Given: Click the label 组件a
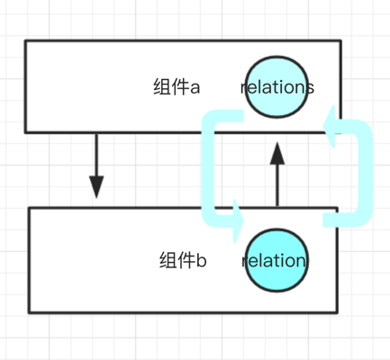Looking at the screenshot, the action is pos(177,87).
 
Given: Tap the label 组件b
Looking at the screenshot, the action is pos(183,260).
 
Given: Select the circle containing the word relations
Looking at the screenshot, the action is pos(277,87).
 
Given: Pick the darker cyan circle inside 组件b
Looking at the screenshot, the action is pos(277,260).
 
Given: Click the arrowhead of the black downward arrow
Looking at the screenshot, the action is pos(96,186).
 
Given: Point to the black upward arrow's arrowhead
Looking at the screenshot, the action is pos(277,153).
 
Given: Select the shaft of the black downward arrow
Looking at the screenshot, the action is pos(96,155).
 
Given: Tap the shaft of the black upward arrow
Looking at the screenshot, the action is pos(277,185).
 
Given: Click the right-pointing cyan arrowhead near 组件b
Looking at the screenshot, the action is pos(239,220).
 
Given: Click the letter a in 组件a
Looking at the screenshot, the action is pos(195,87).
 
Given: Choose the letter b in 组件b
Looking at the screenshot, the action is pos(202,260).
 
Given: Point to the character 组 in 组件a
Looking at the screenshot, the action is pos(162,87).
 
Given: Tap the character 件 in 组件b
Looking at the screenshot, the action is pos(186,260).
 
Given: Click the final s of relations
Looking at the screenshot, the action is pos(310,88).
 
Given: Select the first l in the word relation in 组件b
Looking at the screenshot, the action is pos(258,260).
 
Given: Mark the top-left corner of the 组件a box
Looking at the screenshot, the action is pos(25,40).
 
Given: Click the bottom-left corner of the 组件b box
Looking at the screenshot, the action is pos(29,313).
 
